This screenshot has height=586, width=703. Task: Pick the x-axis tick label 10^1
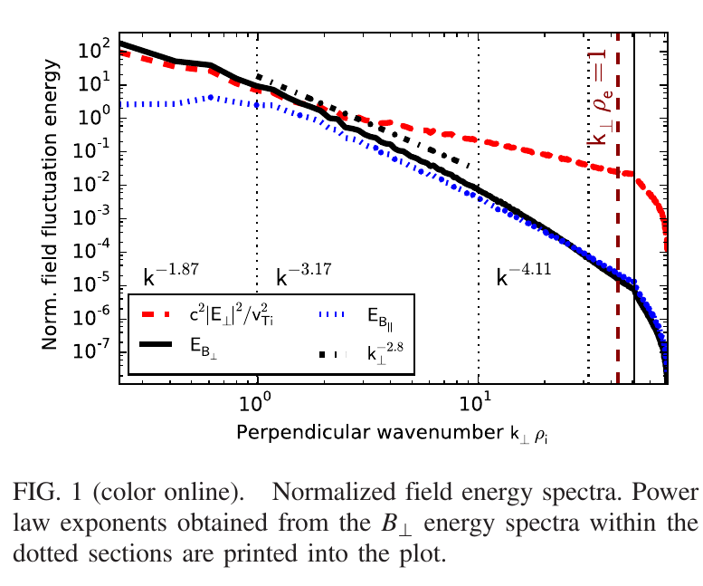click(478, 401)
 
